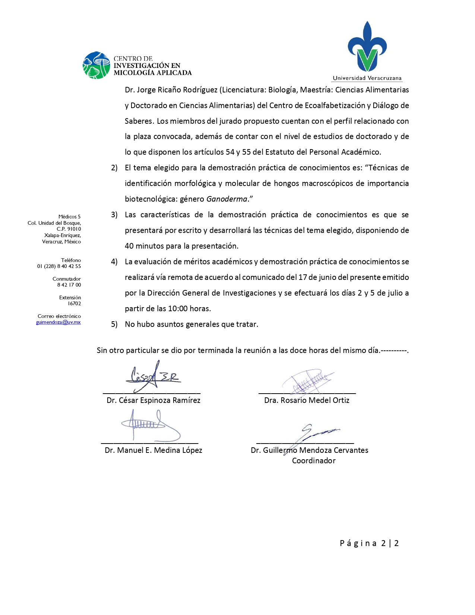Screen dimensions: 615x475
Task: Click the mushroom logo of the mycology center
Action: (96, 65)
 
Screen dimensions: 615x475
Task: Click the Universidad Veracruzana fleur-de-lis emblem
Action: (367, 47)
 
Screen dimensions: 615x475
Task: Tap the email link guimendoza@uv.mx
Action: (58, 322)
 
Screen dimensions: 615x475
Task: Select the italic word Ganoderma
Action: (227, 199)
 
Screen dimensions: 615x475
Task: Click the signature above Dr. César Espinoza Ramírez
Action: (153, 376)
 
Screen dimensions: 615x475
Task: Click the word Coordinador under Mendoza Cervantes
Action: (314, 461)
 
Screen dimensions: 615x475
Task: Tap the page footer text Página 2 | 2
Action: (369, 543)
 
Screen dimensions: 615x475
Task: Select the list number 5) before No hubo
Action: (114, 324)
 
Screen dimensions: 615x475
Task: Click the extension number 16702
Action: (74, 303)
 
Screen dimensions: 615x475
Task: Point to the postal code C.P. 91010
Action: (69, 229)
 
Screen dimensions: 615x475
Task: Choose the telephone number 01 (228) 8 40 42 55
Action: (59, 266)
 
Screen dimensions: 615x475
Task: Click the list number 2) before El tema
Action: (114, 168)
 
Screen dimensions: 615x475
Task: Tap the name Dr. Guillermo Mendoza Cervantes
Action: (310, 450)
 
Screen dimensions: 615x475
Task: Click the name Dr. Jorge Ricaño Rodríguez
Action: (171, 90)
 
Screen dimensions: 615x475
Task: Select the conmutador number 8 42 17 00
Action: (69, 285)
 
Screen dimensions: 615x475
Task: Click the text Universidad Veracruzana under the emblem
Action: (367, 78)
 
